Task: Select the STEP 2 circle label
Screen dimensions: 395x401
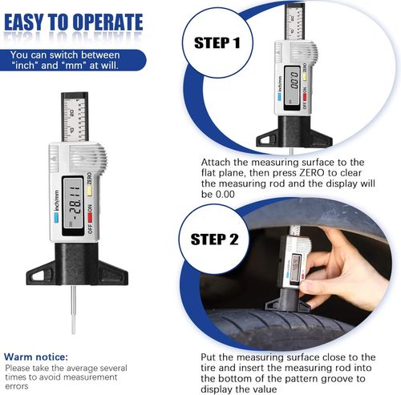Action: (x=216, y=240)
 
